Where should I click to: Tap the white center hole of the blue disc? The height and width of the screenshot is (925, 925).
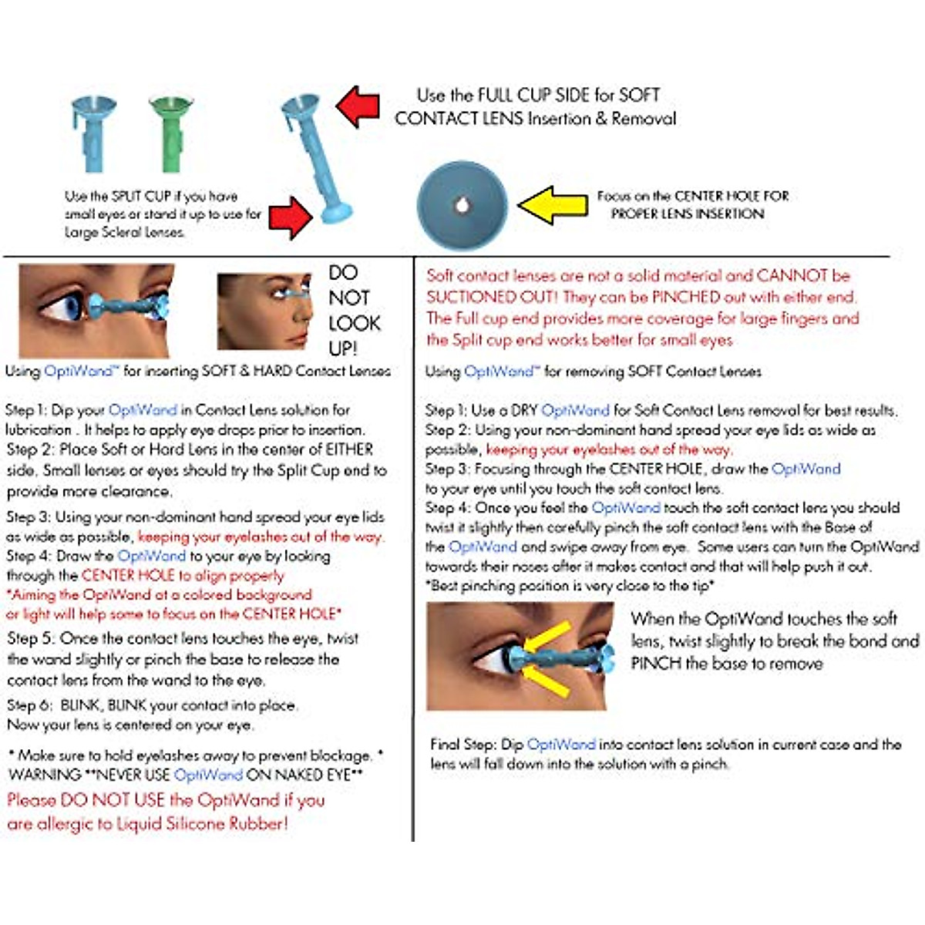pyautogui.click(x=462, y=205)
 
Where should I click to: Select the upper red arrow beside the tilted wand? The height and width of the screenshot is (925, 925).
pyautogui.click(x=358, y=106)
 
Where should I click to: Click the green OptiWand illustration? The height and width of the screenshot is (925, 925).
pyautogui.click(x=170, y=132)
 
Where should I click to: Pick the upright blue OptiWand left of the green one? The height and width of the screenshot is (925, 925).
pyautogui.click(x=94, y=132)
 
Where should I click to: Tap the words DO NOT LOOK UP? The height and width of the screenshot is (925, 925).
pyautogui.click(x=354, y=310)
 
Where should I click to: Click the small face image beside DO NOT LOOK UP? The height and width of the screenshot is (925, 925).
pyautogui.click(x=264, y=310)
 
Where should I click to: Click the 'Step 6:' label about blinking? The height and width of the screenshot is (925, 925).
pyautogui.click(x=29, y=705)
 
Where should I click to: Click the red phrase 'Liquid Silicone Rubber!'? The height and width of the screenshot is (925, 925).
pyautogui.click(x=202, y=823)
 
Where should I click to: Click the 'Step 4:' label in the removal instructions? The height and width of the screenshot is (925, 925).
pyautogui.click(x=447, y=508)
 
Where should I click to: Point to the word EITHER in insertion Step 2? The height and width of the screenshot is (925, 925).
pyautogui.click(x=349, y=449)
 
